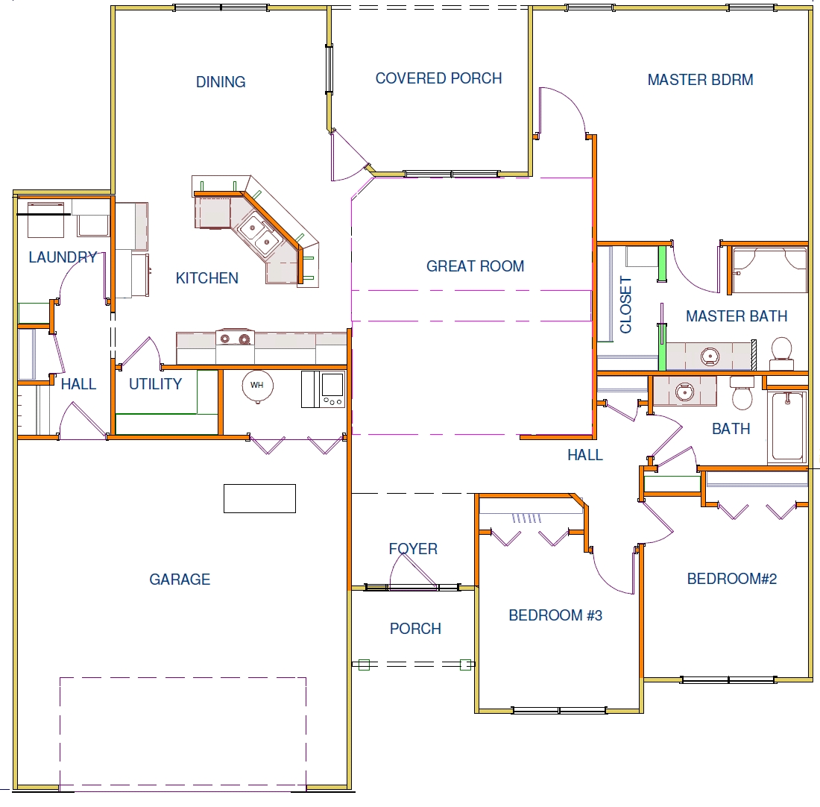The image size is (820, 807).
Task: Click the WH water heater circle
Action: pos(257,385)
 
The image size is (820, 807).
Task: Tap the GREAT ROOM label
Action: pos(475,266)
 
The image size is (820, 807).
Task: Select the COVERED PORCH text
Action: pos(438,78)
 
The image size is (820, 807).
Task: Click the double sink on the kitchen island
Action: pos(260,234)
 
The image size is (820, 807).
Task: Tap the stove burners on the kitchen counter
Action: pos(235,339)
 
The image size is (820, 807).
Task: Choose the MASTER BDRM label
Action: pos(700,80)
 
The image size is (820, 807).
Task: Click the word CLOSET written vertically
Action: pos(625,304)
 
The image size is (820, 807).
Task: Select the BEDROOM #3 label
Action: pos(555,615)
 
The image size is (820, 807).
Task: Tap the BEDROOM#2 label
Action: pos(731,578)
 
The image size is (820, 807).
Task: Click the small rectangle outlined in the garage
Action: pos(259,498)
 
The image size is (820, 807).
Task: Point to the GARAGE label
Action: pos(180,579)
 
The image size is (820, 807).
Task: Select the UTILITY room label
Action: pos(155,383)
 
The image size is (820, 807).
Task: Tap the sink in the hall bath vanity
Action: pos(684,391)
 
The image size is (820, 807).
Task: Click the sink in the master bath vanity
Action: pos(710,357)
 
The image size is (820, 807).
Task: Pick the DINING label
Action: pos(220,81)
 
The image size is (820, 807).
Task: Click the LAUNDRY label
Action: pos(63,257)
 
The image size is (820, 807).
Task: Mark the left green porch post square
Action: pos(365,665)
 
